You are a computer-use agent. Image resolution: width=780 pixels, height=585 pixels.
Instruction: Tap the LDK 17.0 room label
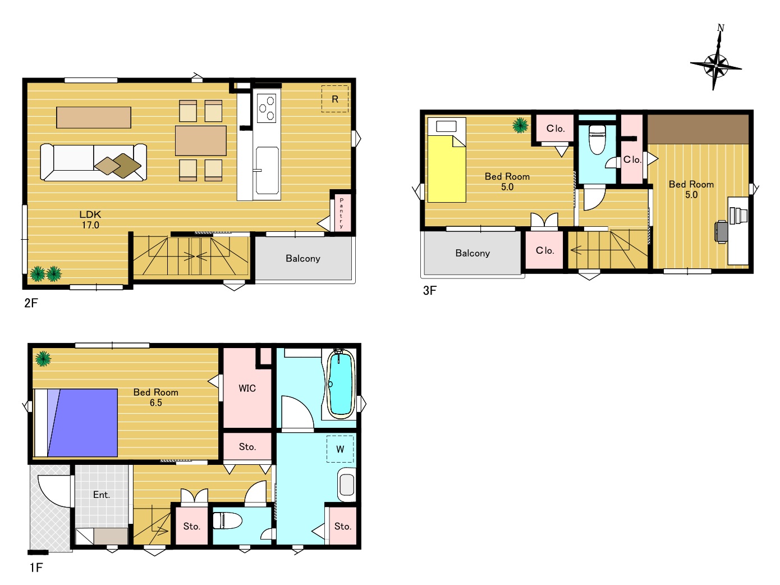coord(90,220)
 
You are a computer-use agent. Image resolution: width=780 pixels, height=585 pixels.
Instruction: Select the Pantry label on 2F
coord(342,213)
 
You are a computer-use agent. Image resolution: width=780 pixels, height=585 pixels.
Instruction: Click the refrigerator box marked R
coord(335,99)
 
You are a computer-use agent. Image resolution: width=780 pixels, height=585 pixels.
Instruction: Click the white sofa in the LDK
coord(94,162)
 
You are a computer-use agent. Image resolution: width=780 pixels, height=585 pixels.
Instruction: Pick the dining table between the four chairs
coord(201,140)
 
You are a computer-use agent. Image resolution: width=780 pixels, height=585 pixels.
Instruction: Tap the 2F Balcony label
coord(303,258)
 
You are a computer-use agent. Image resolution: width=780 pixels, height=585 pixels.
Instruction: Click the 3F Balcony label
coord(472,253)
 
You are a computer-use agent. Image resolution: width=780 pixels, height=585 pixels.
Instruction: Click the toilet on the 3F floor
coord(597,139)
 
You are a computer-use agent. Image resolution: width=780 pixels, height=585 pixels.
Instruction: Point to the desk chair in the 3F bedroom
coord(721,232)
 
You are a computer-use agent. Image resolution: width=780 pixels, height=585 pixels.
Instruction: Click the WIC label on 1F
coord(247,388)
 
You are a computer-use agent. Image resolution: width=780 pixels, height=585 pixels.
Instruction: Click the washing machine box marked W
coord(340,449)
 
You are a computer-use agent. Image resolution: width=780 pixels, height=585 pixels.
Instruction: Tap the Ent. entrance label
coord(102,495)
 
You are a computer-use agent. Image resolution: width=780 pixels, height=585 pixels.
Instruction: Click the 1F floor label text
coord(36,568)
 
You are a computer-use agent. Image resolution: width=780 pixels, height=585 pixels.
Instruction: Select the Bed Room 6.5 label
coord(155,397)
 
